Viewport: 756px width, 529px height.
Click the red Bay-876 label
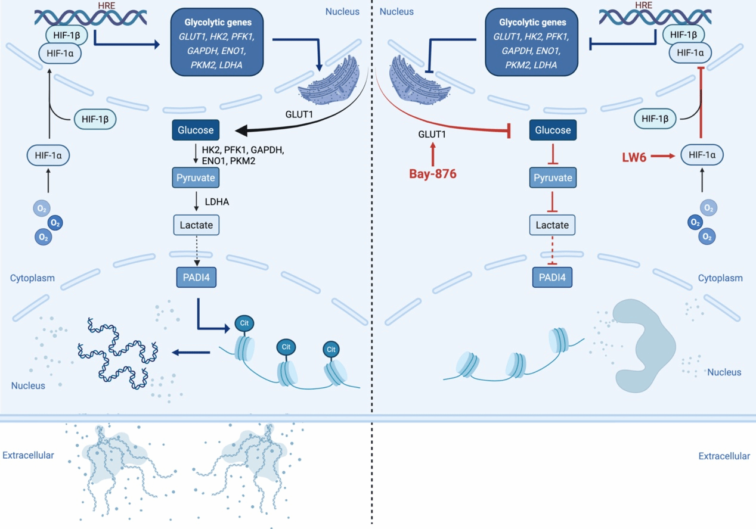[433, 174]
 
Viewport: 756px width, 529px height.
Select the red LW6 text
[634, 157]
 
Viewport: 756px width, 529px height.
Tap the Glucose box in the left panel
[196, 130]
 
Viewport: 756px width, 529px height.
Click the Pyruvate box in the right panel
[553, 178]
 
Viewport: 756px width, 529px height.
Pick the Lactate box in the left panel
[196, 225]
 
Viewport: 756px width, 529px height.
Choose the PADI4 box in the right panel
[552, 277]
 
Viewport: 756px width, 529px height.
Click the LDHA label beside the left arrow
[217, 201]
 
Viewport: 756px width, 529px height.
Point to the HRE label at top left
[107, 5]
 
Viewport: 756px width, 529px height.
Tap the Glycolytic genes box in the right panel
[531, 42]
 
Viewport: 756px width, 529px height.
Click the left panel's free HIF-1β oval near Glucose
[95, 119]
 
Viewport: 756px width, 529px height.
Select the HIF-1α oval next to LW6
[702, 155]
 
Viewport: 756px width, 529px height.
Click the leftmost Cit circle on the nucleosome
[244, 323]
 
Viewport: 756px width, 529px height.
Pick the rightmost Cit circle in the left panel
[331, 349]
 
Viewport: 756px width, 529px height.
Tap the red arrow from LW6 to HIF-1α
[663, 156]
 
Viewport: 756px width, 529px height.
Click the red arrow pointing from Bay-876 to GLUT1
[433, 154]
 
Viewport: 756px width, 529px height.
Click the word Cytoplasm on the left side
[32, 278]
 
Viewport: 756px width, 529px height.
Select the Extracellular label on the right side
[724, 456]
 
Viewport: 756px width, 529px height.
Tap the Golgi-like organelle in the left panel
[329, 81]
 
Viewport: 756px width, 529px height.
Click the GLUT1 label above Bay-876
[432, 134]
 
